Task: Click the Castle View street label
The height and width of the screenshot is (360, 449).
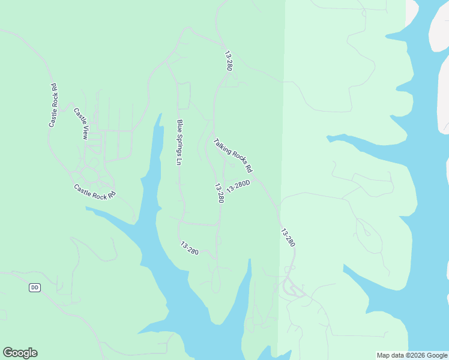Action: tap(81, 124)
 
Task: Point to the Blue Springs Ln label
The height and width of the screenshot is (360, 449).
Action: tap(179, 142)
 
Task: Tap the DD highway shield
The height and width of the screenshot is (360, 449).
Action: tap(34, 288)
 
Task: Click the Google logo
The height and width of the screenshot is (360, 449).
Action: tap(20, 353)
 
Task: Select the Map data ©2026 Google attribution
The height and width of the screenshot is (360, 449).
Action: tap(412, 355)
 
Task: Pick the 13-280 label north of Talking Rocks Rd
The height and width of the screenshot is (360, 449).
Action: tap(228, 61)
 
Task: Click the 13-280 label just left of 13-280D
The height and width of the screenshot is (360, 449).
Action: tap(219, 193)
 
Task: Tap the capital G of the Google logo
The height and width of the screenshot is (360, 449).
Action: tap(8, 352)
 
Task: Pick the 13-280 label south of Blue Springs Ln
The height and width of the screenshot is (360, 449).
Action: tap(189, 247)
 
